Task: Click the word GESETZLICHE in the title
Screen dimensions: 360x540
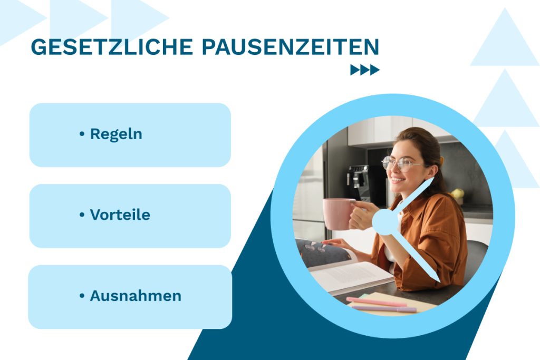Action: click(x=112, y=47)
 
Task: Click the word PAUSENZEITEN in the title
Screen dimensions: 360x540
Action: click(x=290, y=47)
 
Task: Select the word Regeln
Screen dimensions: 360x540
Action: click(x=116, y=134)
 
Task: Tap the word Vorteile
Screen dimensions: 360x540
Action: click(x=120, y=215)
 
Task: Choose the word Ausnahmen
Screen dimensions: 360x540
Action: click(x=136, y=296)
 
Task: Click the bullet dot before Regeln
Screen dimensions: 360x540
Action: click(x=82, y=134)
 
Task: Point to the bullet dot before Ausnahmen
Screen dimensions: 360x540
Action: click(x=82, y=296)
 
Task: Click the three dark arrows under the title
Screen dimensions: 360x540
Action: click(x=365, y=70)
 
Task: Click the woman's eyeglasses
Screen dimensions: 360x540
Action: click(x=401, y=163)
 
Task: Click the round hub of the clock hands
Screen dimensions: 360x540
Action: click(x=385, y=221)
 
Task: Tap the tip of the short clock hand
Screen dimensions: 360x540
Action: click(x=432, y=179)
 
